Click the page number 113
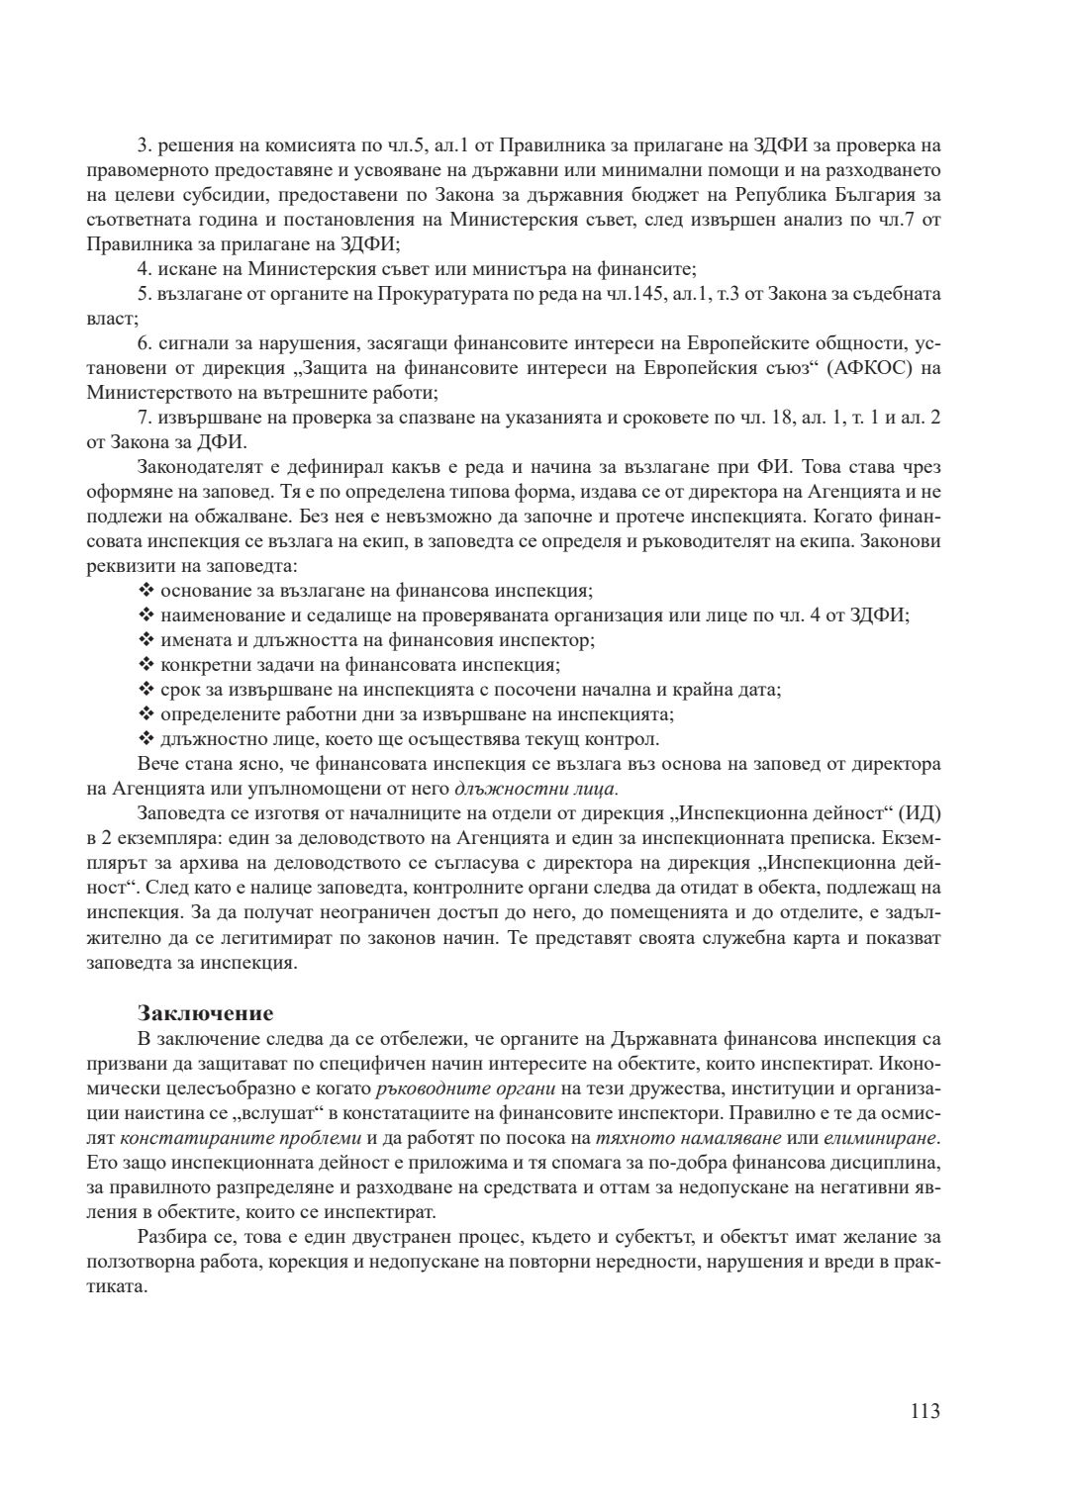point(924,1411)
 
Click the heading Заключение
point(205,1013)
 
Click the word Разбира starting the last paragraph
point(171,1236)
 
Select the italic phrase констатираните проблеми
point(220,1137)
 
